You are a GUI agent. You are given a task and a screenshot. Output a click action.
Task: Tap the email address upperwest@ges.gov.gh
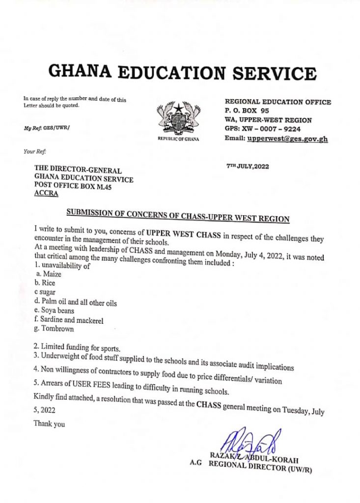[x=288, y=139]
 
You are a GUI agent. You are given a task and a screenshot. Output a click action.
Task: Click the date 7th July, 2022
[x=248, y=166]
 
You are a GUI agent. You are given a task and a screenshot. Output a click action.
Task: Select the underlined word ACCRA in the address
[x=46, y=194]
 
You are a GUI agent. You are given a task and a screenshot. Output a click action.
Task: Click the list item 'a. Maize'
[x=48, y=274]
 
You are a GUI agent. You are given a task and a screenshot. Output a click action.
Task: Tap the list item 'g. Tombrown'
[x=54, y=329]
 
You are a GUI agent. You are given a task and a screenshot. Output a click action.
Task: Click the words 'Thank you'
[x=49, y=424]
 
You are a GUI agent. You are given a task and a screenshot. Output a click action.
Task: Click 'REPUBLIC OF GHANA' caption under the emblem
[x=179, y=140]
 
